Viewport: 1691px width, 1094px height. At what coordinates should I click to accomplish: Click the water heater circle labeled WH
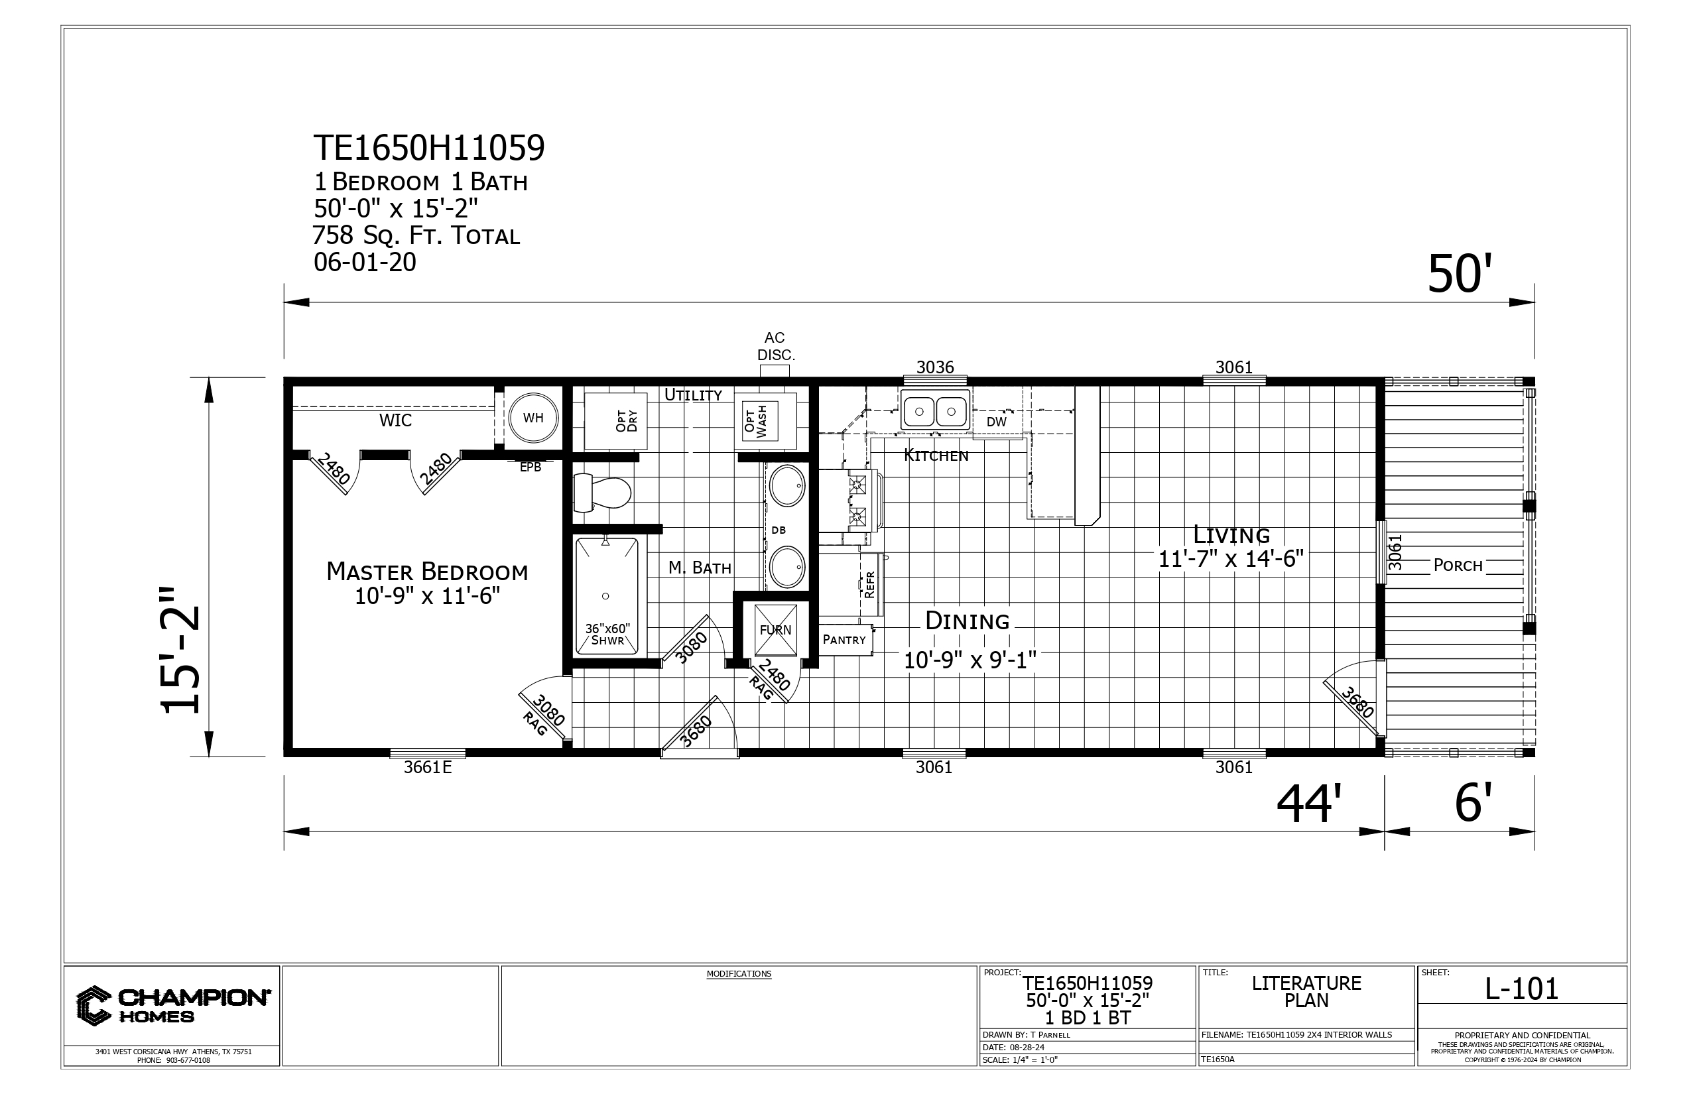pyautogui.click(x=534, y=418)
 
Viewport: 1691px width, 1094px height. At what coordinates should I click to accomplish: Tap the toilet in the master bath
pyautogui.click(x=602, y=492)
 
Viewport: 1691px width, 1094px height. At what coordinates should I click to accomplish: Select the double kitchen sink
pyautogui.click(x=935, y=410)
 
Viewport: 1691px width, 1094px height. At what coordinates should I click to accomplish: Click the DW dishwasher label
pyautogui.click(x=997, y=422)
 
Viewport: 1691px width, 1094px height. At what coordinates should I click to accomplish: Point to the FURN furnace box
pyautogui.click(x=775, y=629)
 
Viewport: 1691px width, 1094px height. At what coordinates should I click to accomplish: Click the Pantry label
pyautogui.click(x=844, y=639)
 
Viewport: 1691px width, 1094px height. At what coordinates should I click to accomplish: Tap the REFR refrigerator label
pyautogui.click(x=869, y=585)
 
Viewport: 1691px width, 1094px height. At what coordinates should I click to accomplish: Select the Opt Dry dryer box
pyautogui.click(x=615, y=421)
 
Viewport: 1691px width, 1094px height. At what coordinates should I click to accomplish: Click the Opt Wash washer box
pyautogui.click(x=756, y=421)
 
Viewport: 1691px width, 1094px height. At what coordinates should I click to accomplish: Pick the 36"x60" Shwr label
pyautogui.click(x=607, y=635)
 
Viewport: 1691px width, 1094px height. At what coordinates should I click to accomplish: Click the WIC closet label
pyautogui.click(x=395, y=420)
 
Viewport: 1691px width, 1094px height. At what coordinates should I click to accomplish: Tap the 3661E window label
pyautogui.click(x=428, y=767)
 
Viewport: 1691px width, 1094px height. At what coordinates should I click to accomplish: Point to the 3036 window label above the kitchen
pyautogui.click(x=935, y=367)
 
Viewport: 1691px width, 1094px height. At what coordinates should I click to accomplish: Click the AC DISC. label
pyautogui.click(x=775, y=346)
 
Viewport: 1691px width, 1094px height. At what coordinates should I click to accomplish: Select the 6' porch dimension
pyautogui.click(x=1473, y=804)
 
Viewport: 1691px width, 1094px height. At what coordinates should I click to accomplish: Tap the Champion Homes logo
pyautogui.click(x=172, y=1005)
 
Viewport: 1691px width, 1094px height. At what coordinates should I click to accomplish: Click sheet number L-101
pyautogui.click(x=1522, y=989)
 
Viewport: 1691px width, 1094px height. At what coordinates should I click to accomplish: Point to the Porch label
pyautogui.click(x=1458, y=566)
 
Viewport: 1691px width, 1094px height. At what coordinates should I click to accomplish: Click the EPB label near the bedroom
pyautogui.click(x=530, y=467)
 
